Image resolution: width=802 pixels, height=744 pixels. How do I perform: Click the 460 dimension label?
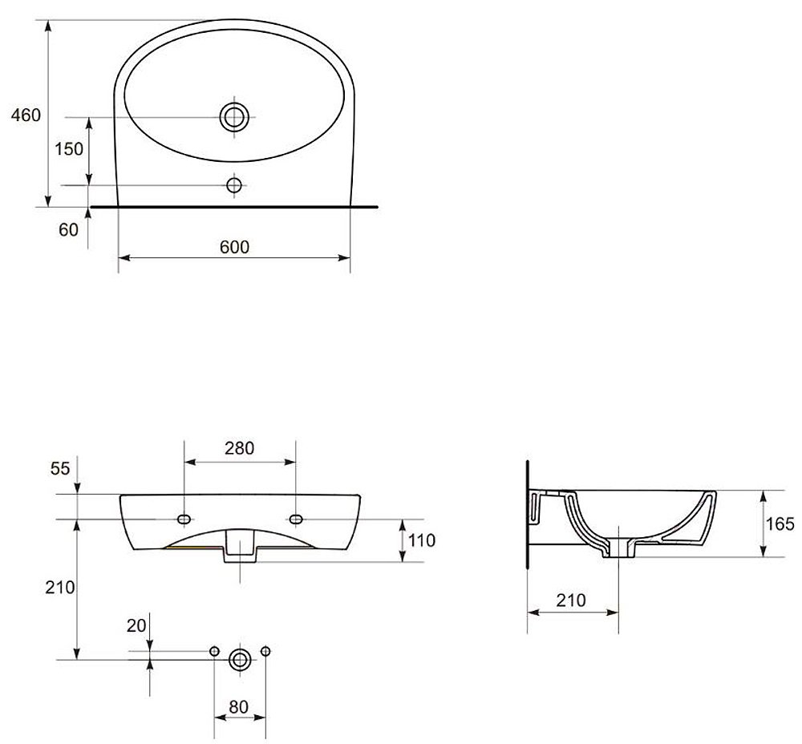click(26, 115)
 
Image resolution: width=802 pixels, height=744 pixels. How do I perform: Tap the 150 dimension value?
click(68, 149)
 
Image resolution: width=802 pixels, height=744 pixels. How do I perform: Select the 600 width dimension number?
click(234, 247)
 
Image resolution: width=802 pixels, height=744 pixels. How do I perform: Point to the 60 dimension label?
click(68, 229)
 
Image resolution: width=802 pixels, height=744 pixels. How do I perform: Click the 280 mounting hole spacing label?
click(239, 448)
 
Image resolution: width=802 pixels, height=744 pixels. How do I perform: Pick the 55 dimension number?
click(60, 468)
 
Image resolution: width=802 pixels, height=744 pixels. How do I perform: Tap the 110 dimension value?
click(421, 540)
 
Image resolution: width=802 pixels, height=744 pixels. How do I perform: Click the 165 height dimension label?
click(780, 524)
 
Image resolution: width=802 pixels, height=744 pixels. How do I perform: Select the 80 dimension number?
click(238, 707)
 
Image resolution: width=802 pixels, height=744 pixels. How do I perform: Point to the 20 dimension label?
click(136, 625)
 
